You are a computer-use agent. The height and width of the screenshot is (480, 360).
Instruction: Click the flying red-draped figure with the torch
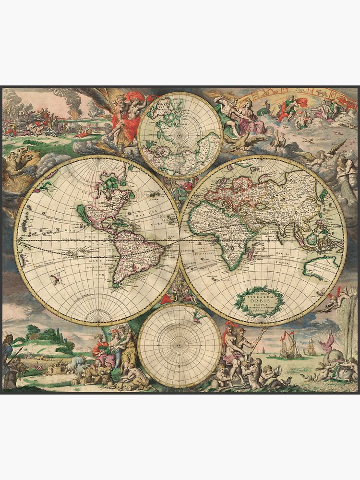click(x=126, y=115)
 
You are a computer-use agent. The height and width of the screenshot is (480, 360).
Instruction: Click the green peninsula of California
click(x=83, y=214)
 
